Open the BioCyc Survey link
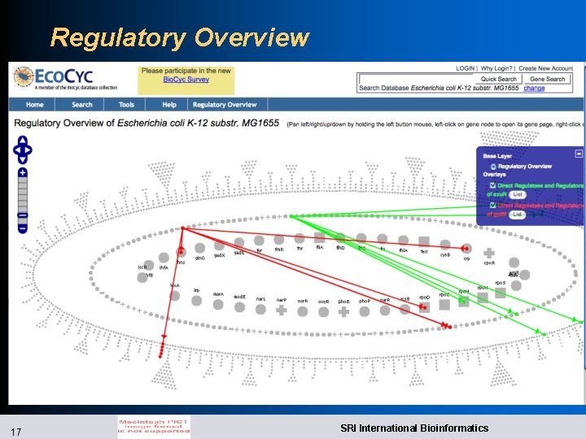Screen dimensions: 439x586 click(186, 80)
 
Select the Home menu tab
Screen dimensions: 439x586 click(34, 105)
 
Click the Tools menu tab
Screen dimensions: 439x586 click(126, 105)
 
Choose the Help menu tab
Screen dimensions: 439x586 click(168, 105)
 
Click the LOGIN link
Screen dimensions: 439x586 click(465, 68)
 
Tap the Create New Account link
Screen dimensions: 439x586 click(545, 68)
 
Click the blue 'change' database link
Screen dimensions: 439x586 click(535, 88)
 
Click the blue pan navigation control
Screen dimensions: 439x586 click(23, 149)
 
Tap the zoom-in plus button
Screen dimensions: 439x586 click(23, 172)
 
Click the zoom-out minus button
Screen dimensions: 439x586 click(23, 215)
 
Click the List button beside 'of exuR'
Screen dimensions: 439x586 click(518, 194)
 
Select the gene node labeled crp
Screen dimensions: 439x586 click(466, 249)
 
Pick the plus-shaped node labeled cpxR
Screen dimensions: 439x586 click(488, 253)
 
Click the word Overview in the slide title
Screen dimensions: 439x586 click(252, 37)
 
